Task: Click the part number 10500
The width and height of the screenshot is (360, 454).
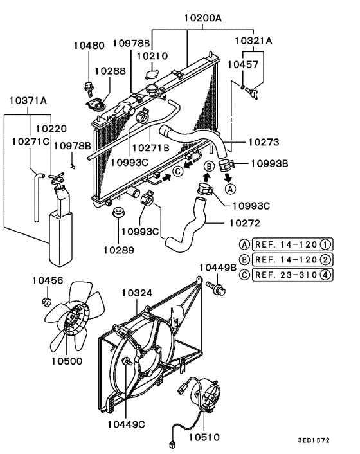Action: click(67, 361)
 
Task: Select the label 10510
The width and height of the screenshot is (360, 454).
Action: click(204, 438)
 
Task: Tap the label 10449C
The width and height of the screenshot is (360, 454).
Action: click(127, 424)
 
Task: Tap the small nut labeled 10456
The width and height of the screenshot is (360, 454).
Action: click(46, 300)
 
